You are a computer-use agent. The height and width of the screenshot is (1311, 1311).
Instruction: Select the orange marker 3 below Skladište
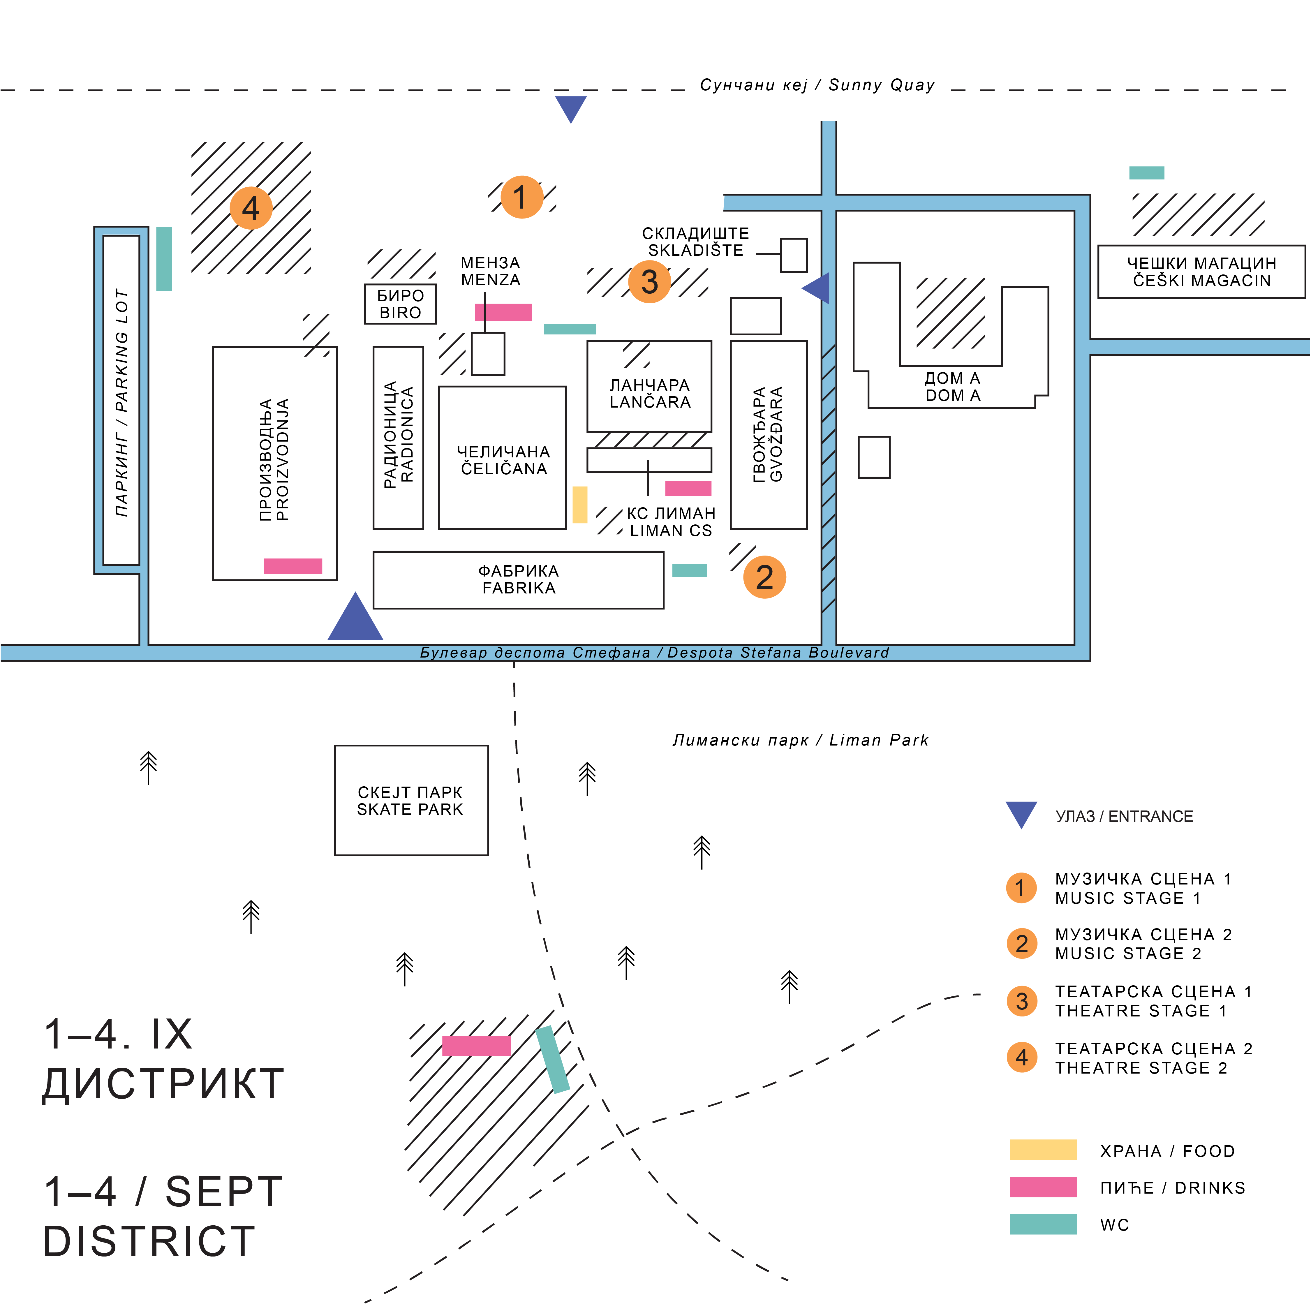[649, 282]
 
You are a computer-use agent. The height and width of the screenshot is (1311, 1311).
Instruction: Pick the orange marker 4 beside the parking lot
[251, 208]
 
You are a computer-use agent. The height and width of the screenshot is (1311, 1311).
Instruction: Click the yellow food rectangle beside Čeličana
[579, 504]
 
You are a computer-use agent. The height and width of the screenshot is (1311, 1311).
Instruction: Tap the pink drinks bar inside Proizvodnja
[292, 566]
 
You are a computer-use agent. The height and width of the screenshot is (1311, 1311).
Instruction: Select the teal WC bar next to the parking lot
[164, 258]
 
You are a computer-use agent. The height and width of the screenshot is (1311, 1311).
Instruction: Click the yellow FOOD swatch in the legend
[1043, 1150]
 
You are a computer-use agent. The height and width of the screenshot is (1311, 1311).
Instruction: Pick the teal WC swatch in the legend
[1043, 1224]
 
